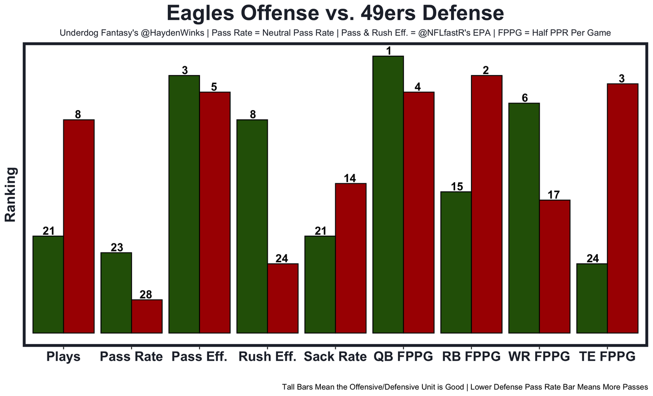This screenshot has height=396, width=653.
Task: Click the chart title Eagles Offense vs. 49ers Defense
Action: pos(335,13)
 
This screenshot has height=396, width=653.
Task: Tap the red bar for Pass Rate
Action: pos(147,316)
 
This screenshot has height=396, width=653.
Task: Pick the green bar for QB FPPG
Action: pos(388,194)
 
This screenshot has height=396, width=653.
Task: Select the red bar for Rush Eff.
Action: pos(283,298)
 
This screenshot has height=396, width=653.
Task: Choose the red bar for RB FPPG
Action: pos(487,204)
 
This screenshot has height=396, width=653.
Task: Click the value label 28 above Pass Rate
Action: pos(147,294)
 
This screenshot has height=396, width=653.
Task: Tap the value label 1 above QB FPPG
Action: pos(388,51)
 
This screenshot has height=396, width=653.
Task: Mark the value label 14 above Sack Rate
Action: pos(350,178)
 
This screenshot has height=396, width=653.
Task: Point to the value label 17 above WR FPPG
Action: pos(554,195)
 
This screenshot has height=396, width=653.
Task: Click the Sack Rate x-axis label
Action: pos(335,357)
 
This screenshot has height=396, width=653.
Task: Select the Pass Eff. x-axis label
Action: pos(199,357)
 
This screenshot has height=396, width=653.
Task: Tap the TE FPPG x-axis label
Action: pos(607,357)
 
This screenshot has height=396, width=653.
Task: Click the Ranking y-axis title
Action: pos(11,194)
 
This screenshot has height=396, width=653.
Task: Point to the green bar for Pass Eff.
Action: pos(184,204)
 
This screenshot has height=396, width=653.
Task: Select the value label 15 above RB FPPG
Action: pos(457,187)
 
